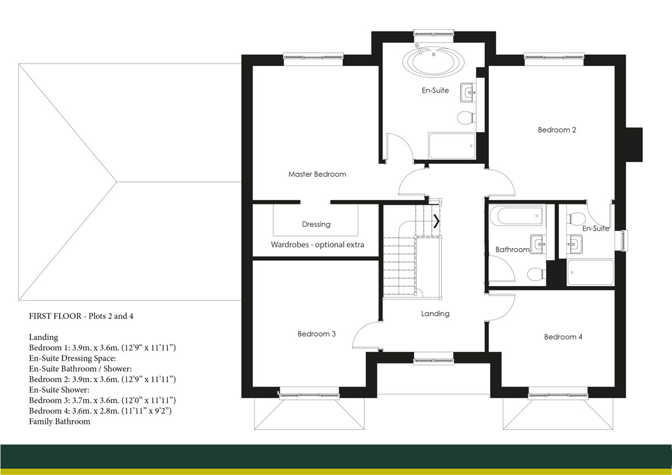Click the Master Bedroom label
317,174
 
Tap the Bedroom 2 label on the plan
557,130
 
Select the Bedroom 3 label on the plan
316,334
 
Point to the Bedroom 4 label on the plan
563,337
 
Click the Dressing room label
316,225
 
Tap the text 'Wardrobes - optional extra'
317,245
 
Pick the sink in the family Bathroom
537,245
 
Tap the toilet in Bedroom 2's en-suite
574,218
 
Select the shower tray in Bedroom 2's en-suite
590,272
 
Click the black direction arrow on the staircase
437,221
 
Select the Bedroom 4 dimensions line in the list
101,411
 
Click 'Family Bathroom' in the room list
60,422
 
